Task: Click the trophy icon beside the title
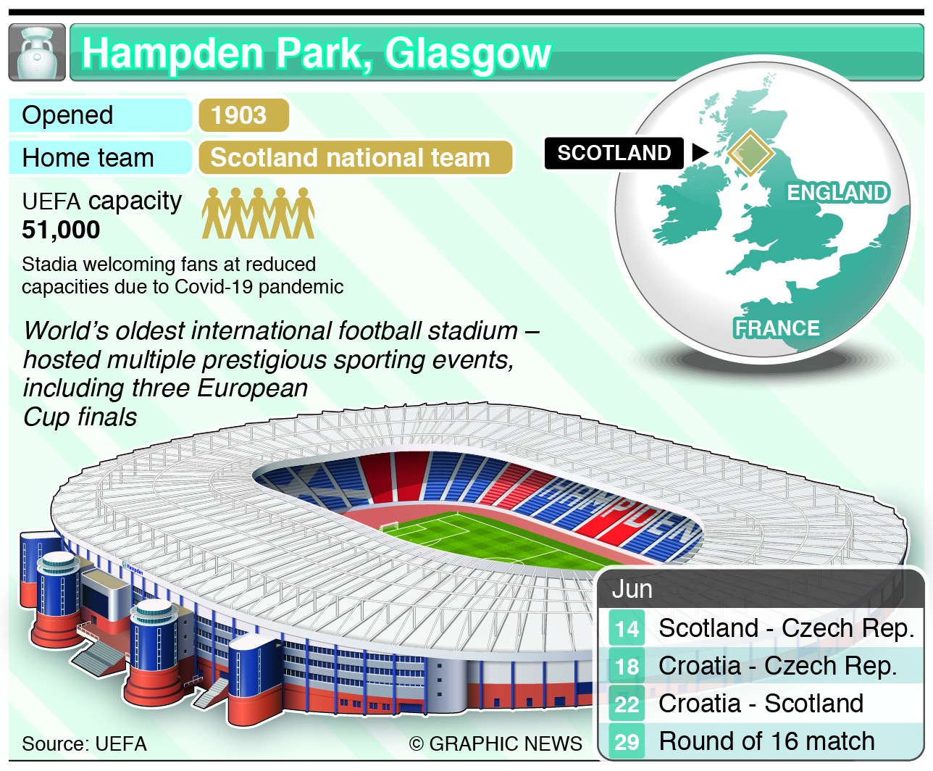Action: pyautogui.click(x=37, y=52)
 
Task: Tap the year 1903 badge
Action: pyautogui.click(x=243, y=115)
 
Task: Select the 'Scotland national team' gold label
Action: pyautogui.click(x=355, y=158)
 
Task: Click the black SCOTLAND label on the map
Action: pyautogui.click(x=614, y=153)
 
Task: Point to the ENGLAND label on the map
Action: pyautogui.click(x=838, y=193)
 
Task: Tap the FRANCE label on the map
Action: pyautogui.click(x=777, y=328)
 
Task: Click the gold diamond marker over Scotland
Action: pyautogui.click(x=750, y=154)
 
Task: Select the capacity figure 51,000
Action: pyautogui.click(x=61, y=230)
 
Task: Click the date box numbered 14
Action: pyautogui.click(x=627, y=628)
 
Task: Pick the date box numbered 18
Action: pyautogui.click(x=627, y=667)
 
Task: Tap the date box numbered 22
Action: pyautogui.click(x=627, y=704)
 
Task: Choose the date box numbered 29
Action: pyautogui.click(x=627, y=741)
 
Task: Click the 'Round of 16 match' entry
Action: pyautogui.click(x=767, y=741)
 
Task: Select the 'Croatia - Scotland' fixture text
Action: pyautogui.click(x=761, y=703)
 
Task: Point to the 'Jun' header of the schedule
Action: pyautogui.click(x=632, y=589)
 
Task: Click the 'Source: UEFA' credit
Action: pyautogui.click(x=85, y=744)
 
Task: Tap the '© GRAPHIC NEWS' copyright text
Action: pyautogui.click(x=495, y=744)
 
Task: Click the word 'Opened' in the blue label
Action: pyautogui.click(x=67, y=115)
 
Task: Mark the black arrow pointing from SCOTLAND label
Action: pyautogui.click(x=700, y=152)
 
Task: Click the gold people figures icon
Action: pyautogui.click(x=259, y=213)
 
